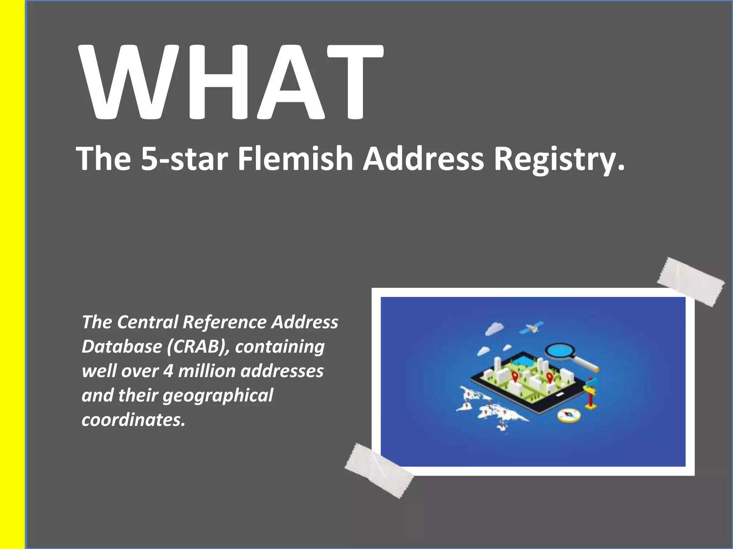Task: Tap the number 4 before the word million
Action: (x=168, y=371)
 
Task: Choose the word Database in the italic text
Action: (x=122, y=347)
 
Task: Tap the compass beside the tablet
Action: (x=568, y=416)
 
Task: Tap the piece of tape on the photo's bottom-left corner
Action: (x=379, y=470)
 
